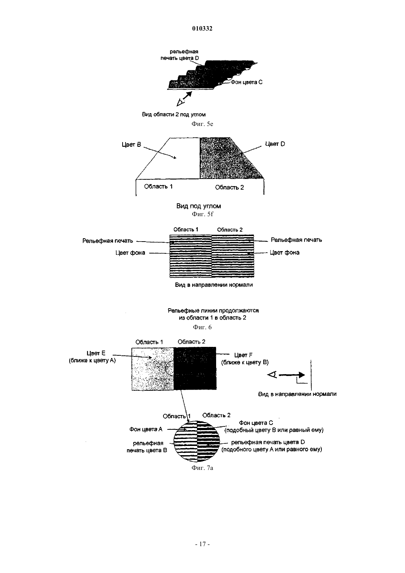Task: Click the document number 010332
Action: point(202,28)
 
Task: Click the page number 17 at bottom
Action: point(202,544)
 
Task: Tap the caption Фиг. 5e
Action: point(202,124)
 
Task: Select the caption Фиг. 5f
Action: point(202,214)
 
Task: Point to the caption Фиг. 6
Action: point(202,327)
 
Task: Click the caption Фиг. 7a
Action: point(202,468)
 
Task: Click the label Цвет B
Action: point(131,144)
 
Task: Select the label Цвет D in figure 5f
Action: point(275,144)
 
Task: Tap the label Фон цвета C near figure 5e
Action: point(246,82)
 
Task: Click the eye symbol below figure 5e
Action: point(180,103)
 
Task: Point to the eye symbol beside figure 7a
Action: point(272,375)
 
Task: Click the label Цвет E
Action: point(96,353)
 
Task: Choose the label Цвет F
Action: point(243,355)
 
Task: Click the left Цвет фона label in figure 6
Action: point(130,253)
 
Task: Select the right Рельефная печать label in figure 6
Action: point(296,240)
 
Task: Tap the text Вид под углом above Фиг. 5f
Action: point(199,206)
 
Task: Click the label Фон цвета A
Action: point(146,429)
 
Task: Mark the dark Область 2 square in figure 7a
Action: point(195,368)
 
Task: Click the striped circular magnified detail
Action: point(197,442)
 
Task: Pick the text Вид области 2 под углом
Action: point(174,115)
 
